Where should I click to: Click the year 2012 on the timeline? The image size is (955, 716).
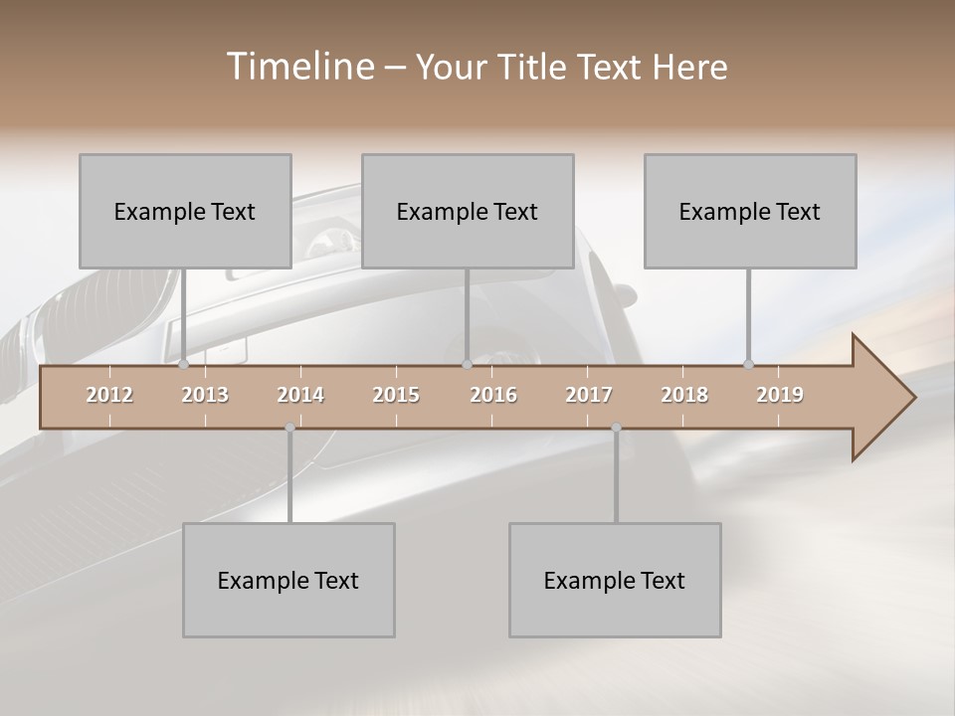point(109,395)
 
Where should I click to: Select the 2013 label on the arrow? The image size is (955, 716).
point(205,395)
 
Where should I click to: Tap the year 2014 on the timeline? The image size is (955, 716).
point(300,395)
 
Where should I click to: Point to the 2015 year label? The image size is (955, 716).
point(396,395)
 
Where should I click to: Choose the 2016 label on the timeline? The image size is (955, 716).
point(493,395)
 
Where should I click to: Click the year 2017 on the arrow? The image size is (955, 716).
point(589,395)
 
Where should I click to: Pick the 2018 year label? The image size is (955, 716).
point(684,395)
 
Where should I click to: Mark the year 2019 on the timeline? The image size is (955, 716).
point(780,395)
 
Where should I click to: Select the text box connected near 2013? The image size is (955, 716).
point(185,211)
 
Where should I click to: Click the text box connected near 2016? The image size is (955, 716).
point(468,211)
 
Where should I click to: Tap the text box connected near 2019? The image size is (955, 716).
point(750,211)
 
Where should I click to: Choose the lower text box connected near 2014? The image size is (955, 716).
point(288,580)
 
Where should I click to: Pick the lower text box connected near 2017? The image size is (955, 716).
point(615,580)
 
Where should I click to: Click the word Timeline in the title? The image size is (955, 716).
point(297,67)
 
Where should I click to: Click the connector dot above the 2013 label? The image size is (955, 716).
point(184,365)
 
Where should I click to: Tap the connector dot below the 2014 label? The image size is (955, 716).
point(289,428)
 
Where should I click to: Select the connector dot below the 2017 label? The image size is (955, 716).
point(616,428)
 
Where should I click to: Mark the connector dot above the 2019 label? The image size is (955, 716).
point(749,365)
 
